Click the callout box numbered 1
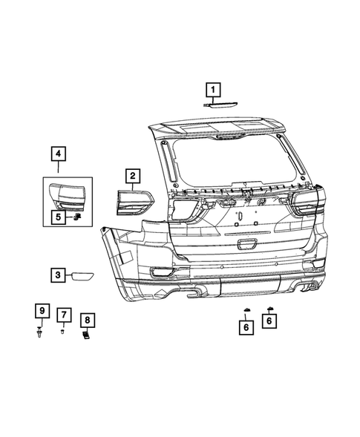pos(213,91)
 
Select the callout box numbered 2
pos(131,176)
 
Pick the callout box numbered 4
pos(57,155)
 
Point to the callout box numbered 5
pos(57,217)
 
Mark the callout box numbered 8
pos(88,321)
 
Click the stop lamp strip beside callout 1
pos(221,105)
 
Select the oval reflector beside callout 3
pos(80,276)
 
